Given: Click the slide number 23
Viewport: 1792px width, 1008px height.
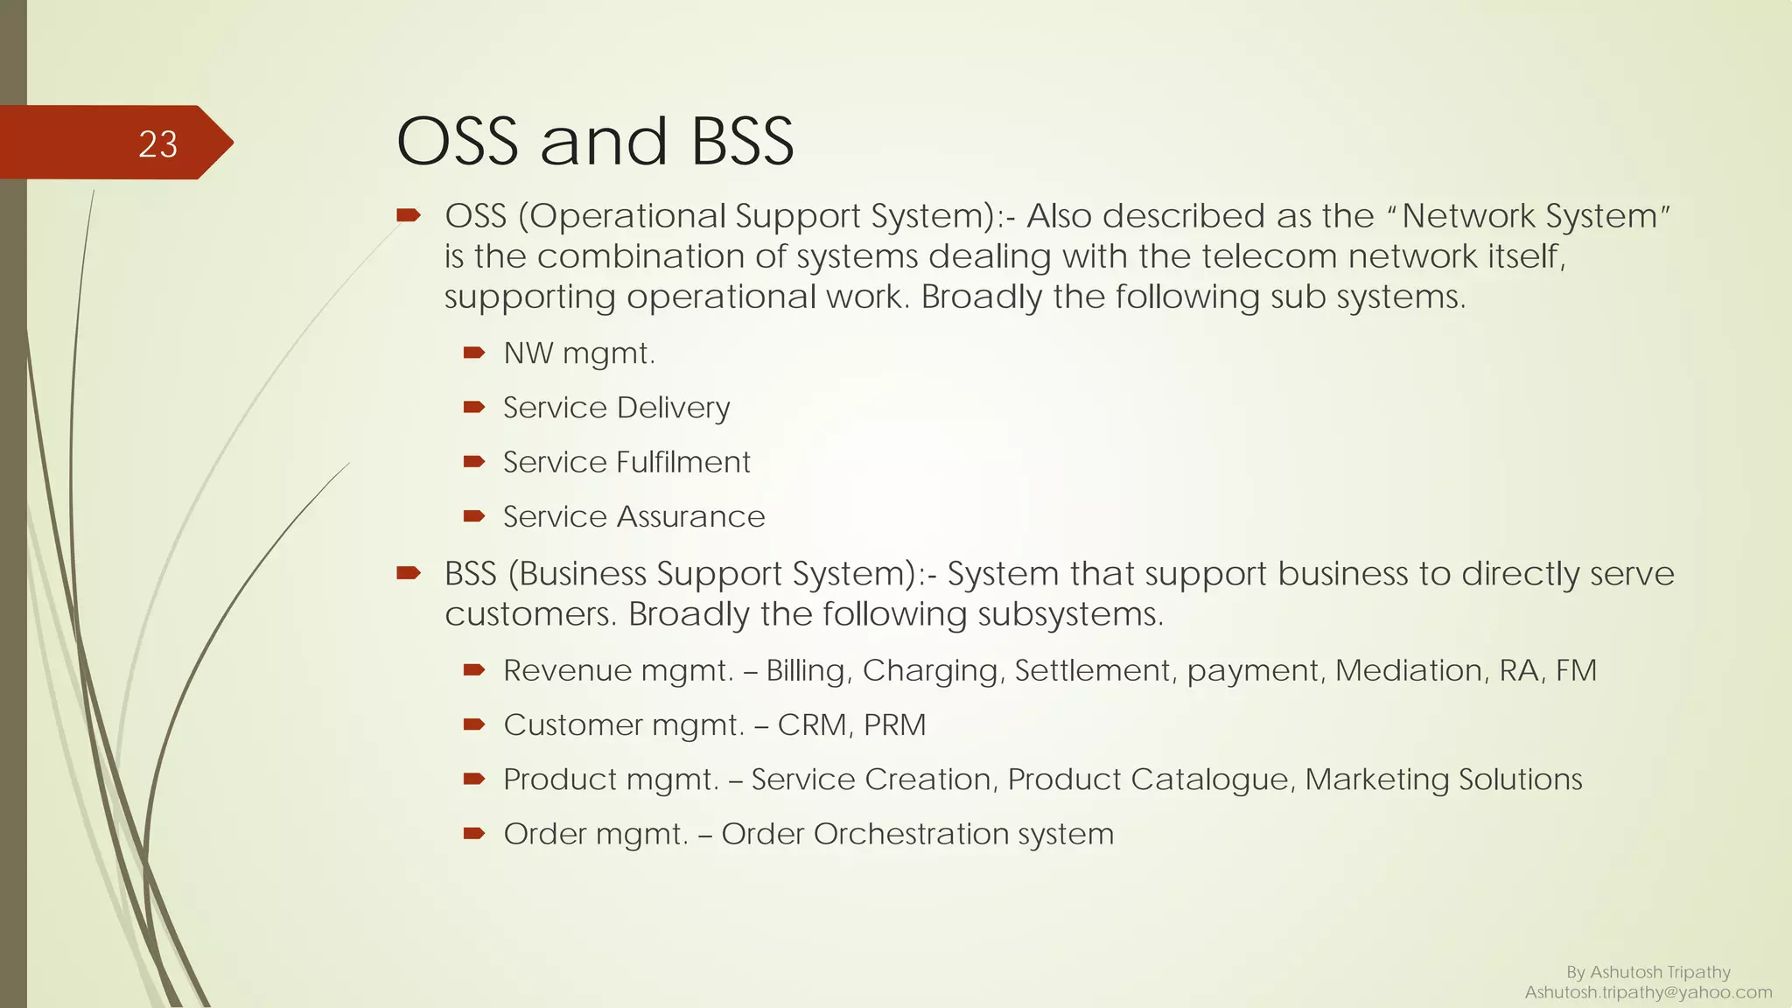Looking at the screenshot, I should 157,144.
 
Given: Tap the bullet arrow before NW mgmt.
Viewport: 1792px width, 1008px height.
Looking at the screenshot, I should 473,353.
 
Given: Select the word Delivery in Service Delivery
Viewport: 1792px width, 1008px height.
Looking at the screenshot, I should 673,409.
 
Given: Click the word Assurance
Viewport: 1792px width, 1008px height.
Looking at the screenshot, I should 690,517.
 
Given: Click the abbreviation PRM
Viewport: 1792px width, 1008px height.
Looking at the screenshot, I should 894,725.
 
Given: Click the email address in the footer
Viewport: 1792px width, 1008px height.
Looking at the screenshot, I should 1648,992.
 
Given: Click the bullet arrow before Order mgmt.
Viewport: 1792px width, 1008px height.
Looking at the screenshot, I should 473,833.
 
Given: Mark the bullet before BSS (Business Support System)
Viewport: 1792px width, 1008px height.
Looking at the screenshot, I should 409,573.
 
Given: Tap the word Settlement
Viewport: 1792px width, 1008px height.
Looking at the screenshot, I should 1092,671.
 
